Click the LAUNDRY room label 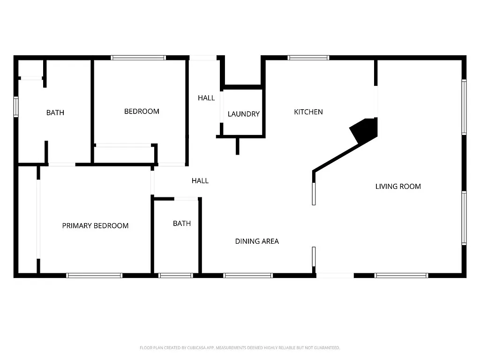pyautogui.click(x=243, y=114)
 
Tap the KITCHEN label pyautogui.click(x=308, y=112)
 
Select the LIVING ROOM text pyautogui.click(x=398, y=186)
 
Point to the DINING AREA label pyautogui.click(x=257, y=241)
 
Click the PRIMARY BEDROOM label pyautogui.click(x=95, y=225)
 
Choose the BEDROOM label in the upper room pyautogui.click(x=142, y=111)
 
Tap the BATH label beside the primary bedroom pyautogui.click(x=182, y=223)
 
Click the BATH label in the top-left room pyautogui.click(x=55, y=112)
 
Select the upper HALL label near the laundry pyautogui.click(x=206, y=98)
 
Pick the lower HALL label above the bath pyautogui.click(x=200, y=180)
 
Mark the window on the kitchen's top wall pyautogui.click(x=308, y=58)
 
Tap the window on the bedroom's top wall pyautogui.click(x=138, y=58)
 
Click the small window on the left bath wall pyautogui.click(x=16, y=106)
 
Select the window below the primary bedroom pyautogui.click(x=94, y=276)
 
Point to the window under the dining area pyautogui.click(x=248, y=276)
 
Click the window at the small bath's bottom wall pyautogui.click(x=176, y=276)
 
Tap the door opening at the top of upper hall pyautogui.click(x=203, y=58)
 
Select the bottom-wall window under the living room pyautogui.click(x=401, y=276)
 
